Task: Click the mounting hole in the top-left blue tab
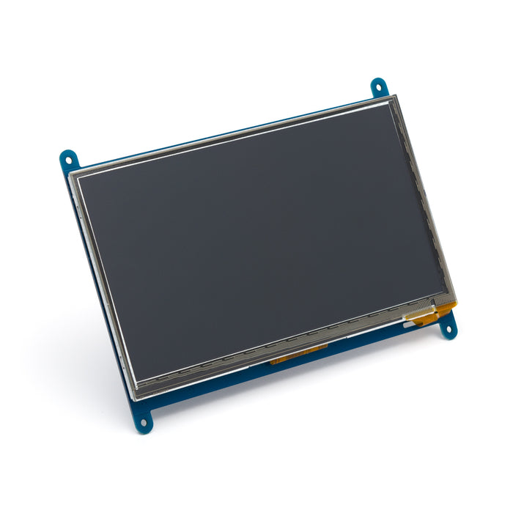tap(68, 158)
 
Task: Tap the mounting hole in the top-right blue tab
tap(378, 86)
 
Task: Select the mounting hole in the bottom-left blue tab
tap(144, 423)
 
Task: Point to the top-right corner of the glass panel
tap(396, 96)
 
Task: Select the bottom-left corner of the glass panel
tap(136, 399)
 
